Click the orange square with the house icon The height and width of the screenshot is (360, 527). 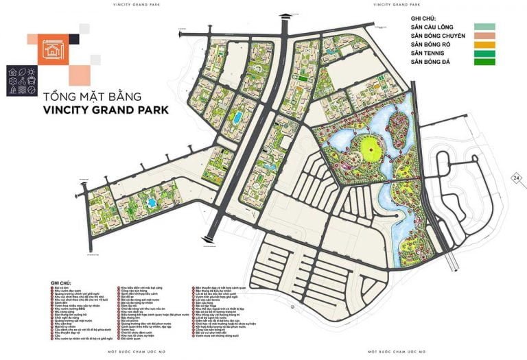(52, 48)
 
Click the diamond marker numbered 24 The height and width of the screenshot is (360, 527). (515, 178)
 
